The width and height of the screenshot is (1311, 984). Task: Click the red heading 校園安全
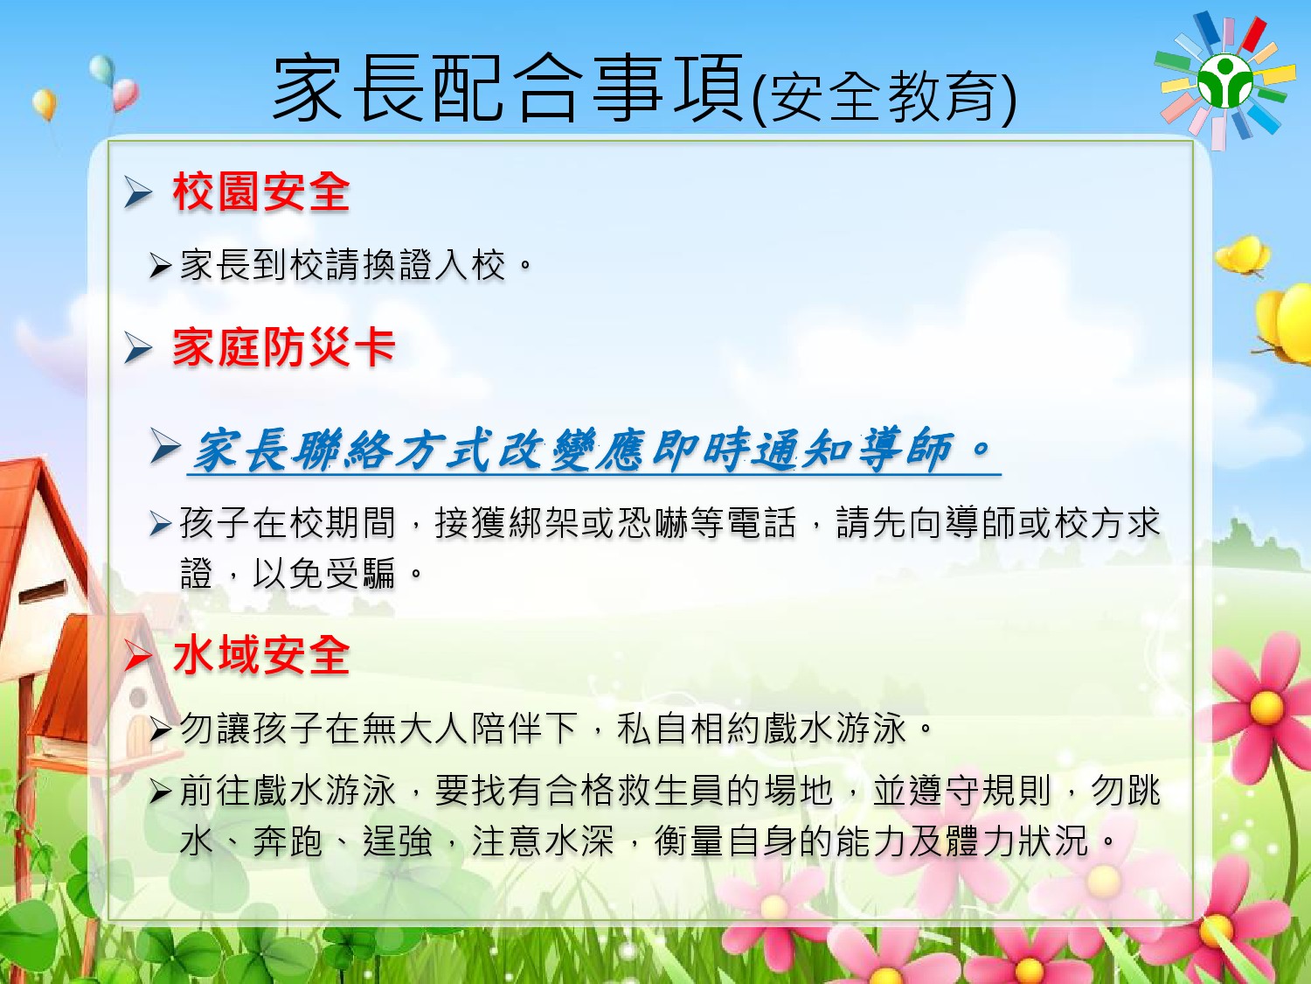click(x=261, y=192)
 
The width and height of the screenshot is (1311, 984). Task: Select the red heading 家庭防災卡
click(x=284, y=347)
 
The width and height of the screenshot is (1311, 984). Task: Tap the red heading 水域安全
click(x=261, y=655)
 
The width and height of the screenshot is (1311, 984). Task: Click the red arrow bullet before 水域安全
click(x=137, y=656)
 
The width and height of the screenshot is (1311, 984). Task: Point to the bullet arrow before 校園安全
click(x=138, y=192)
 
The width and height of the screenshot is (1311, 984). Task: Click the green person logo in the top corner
click(x=1225, y=81)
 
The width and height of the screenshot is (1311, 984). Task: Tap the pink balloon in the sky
click(x=126, y=94)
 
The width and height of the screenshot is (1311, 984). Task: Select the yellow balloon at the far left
click(x=45, y=104)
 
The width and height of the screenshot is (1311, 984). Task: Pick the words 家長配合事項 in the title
click(x=509, y=88)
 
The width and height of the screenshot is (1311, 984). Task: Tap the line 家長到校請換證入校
click(x=356, y=265)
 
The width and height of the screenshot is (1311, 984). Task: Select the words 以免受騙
click(x=324, y=574)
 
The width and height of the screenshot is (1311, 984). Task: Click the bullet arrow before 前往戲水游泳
click(x=161, y=791)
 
